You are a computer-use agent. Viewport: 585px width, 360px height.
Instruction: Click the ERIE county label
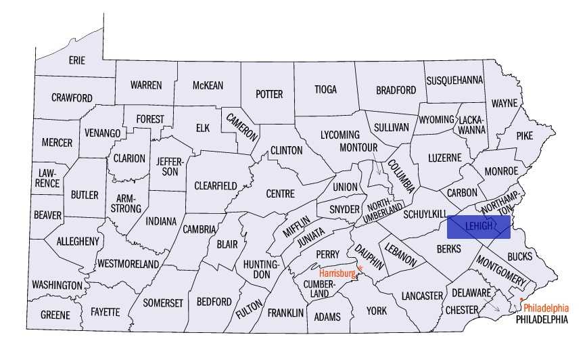pyautogui.click(x=77, y=61)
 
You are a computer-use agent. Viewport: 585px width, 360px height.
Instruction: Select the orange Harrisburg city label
pyautogui.click(x=337, y=273)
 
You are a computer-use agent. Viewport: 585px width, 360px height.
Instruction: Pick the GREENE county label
pyautogui.click(x=55, y=315)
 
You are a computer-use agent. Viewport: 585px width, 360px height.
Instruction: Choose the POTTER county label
pyautogui.click(x=269, y=94)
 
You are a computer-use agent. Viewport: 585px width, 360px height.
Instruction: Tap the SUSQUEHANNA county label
pyautogui.click(x=454, y=81)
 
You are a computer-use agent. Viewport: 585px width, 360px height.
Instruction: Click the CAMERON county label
pyautogui.click(x=242, y=126)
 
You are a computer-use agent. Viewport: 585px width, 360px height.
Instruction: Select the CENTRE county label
pyautogui.click(x=281, y=194)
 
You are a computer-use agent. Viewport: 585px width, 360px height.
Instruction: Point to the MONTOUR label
pyautogui.click(x=358, y=148)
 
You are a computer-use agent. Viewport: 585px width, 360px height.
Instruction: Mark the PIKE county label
pyautogui.click(x=525, y=135)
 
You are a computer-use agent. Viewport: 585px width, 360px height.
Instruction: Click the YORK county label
pyautogui.click(x=376, y=311)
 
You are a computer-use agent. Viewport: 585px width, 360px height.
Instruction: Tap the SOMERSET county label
pyautogui.click(x=163, y=303)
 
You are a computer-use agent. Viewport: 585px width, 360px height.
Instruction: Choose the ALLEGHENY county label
pyautogui.click(x=78, y=242)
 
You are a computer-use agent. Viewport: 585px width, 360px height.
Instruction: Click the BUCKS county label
pyautogui.click(x=519, y=256)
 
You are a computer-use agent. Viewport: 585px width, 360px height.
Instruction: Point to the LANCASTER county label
pyautogui.click(x=421, y=296)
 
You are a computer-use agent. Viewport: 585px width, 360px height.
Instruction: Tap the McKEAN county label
pyautogui.click(x=208, y=85)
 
